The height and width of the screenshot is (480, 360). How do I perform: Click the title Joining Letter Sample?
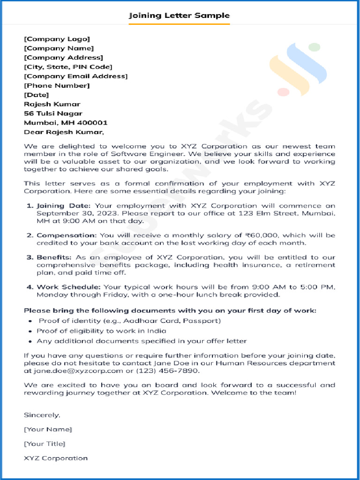click(x=180, y=15)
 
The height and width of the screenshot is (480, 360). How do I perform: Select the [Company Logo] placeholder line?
click(x=57, y=39)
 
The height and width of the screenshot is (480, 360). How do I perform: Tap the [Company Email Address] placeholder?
click(x=75, y=76)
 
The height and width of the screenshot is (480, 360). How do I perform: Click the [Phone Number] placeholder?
click(x=57, y=85)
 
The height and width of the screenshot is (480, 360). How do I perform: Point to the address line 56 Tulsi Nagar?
click(x=53, y=113)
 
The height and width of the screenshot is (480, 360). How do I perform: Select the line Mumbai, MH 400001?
click(x=66, y=123)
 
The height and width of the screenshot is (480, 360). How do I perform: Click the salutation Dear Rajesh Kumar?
click(x=64, y=132)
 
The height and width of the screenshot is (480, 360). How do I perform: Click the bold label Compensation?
click(x=67, y=235)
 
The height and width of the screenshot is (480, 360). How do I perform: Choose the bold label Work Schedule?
click(x=69, y=287)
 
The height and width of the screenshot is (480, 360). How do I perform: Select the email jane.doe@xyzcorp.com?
click(x=72, y=371)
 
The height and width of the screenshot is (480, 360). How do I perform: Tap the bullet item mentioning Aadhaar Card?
click(x=129, y=321)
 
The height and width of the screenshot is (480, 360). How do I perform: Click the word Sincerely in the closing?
click(x=42, y=415)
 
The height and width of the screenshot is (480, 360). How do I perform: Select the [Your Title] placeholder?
click(x=45, y=443)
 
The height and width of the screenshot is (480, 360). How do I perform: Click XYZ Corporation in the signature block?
click(x=56, y=458)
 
